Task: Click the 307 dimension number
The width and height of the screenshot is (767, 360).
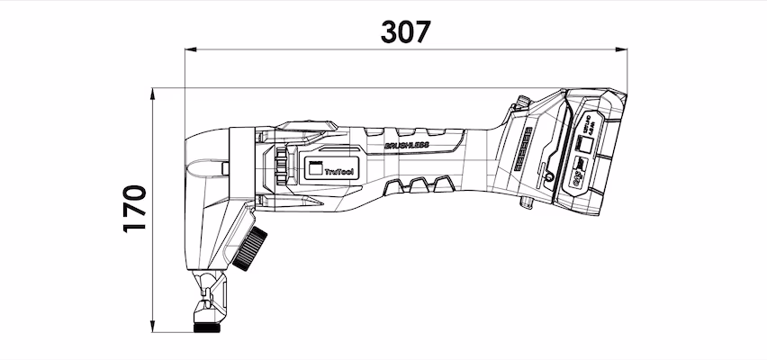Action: click(405, 31)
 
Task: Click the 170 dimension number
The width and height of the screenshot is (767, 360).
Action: click(135, 209)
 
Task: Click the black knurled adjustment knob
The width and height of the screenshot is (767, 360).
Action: click(251, 247)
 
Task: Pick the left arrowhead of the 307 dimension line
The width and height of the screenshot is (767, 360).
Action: click(189, 51)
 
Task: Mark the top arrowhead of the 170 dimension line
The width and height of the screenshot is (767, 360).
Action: click(153, 93)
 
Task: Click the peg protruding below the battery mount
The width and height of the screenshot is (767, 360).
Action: click(528, 207)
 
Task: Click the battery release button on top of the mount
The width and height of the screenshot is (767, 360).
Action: click(521, 102)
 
